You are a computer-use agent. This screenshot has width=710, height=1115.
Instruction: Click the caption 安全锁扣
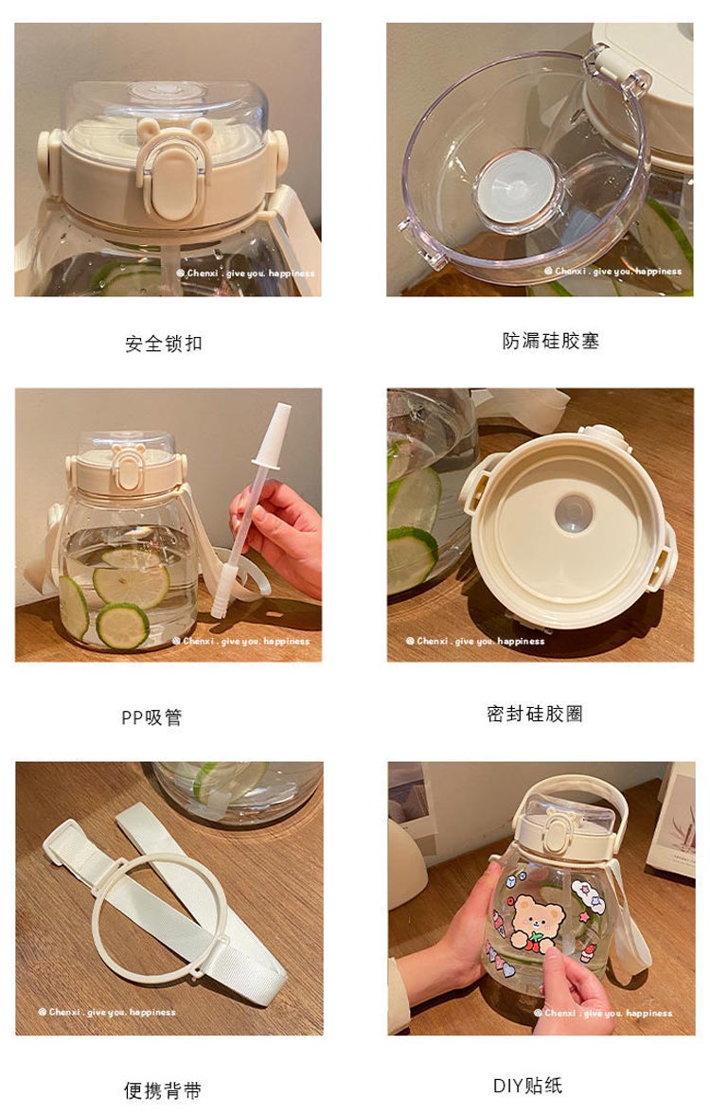click(x=164, y=344)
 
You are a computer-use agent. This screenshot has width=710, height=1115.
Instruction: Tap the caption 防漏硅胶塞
click(x=551, y=341)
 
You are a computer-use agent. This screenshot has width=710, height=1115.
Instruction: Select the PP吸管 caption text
click(x=151, y=717)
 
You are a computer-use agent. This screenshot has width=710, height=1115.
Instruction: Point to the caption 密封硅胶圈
click(x=535, y=714)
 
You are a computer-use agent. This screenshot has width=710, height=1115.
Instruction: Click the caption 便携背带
click(x=163, y=1090)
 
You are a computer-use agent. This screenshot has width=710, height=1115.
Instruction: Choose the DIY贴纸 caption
click(x=528, y=1086)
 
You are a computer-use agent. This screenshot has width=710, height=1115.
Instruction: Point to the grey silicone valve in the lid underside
click(x=574, y=513)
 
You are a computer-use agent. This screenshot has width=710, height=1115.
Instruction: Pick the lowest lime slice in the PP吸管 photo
click(x=122, y=626)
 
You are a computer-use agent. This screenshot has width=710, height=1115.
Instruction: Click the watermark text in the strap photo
click(x=107, y=1011)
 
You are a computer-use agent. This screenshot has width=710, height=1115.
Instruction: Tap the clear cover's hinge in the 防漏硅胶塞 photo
click(x=617, y=70)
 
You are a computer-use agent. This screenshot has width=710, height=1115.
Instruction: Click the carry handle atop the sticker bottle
click(x=569, y=796)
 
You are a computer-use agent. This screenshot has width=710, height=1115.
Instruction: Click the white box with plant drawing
click(x=672, y=819)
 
